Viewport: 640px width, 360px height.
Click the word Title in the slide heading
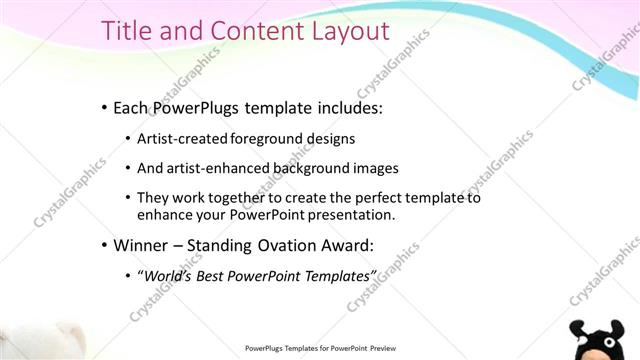click(x=128, y=31)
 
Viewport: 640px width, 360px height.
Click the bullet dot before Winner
click(x=104, y=244)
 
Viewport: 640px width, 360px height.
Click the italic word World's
click(x=168, y=274)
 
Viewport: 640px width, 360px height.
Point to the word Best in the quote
click(x=212, y=274)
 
